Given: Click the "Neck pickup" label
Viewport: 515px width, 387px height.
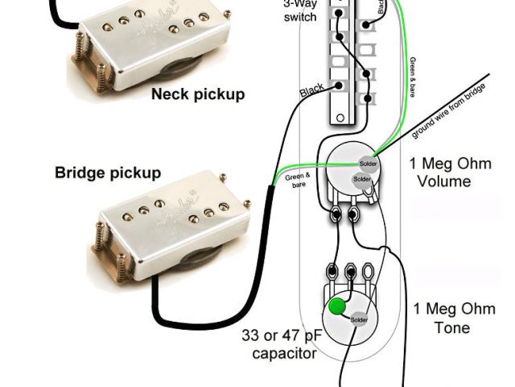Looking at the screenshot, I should point(197,95).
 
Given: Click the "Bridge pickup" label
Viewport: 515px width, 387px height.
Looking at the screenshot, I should point(108,173).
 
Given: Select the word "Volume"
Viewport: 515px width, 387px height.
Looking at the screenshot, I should point(443,182).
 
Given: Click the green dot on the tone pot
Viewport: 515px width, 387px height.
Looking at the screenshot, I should point(340,306).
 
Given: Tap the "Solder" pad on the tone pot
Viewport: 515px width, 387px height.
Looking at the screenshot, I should point(360,319).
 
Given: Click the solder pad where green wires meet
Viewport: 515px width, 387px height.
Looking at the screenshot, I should point(367,162).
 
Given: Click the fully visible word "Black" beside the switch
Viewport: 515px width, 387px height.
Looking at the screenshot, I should point(312,91).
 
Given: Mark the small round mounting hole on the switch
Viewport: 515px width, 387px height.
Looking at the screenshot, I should point(339,119).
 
